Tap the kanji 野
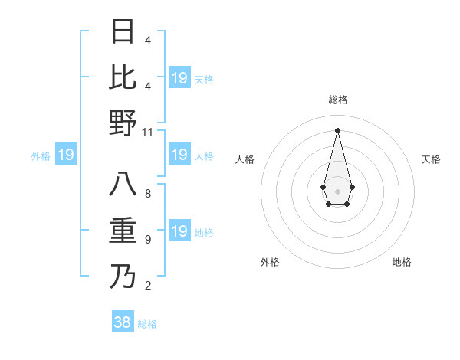coord(123,123)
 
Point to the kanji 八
coord(123,185)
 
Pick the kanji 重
coord(123,231)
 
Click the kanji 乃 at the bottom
coord(123,276)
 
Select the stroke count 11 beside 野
coord(148,133)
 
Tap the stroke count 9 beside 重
coord(147,240)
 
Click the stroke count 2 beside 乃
coord(147,286)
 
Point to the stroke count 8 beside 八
coord(147,194)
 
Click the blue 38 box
coord(123,322)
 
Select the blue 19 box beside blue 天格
coord(179,78)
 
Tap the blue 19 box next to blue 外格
coord(66,155)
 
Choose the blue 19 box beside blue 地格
coord(179,231)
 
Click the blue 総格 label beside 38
coord(147,324)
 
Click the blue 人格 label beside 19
coord(204,155)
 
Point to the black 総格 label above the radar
coord(337,100)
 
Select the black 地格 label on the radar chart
coord(402,262)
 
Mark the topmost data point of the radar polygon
coord(337,129)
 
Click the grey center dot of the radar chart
coord(337,190)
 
